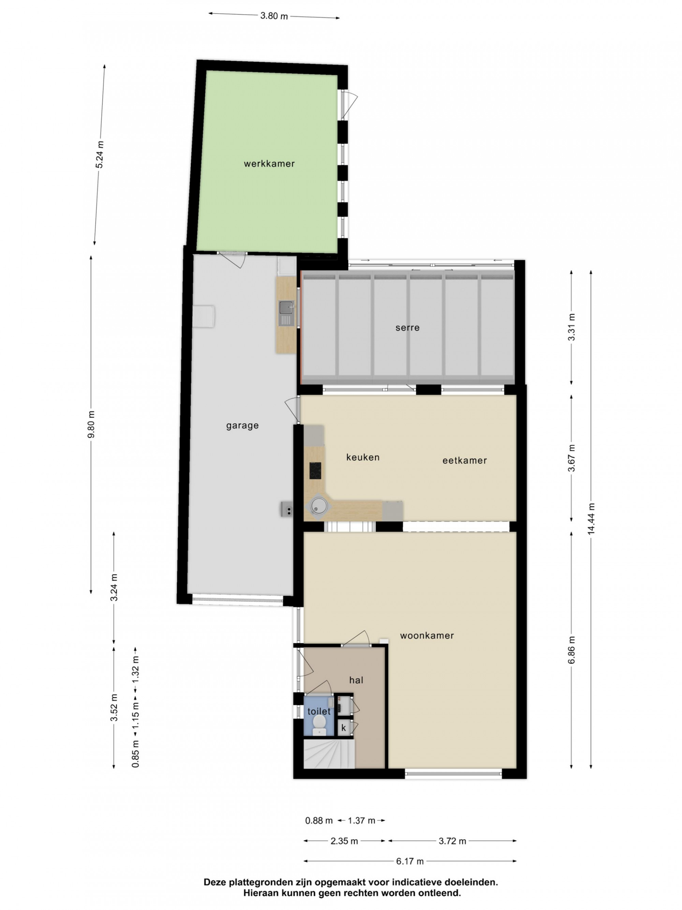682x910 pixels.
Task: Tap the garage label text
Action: [x=242, y=425]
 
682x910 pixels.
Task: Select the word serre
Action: [x=407, y=328]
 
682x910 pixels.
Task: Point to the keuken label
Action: [x=362, y=457]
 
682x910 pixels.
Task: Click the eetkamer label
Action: [x=464, y=460]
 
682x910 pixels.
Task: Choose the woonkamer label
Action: [x=427, y=635]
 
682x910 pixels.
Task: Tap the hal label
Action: [x=356, y=680]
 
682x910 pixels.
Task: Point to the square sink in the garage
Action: [x=286, y=307]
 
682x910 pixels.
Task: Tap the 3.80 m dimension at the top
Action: [x=274, y=16]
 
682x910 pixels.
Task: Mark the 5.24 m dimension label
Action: [x=100, y=154]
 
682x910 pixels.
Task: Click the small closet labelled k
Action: [x=344, y=728]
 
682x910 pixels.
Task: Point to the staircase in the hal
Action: [x=329, y=754]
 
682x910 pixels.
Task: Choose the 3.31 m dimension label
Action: [x=572, y=327]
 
